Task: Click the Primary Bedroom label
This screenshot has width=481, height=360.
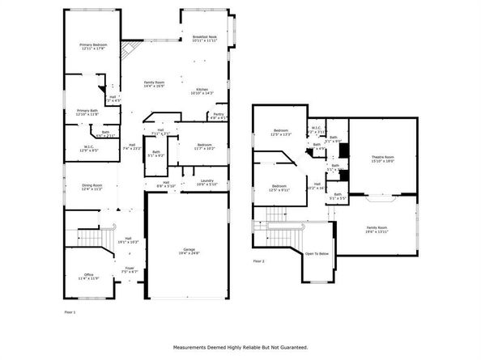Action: pyautogui.click(x=92, y=44)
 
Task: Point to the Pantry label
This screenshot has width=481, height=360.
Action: pyautogui.click(x=218, y=114)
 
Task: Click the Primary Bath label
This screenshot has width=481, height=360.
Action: pyautogui.click(x=87, y=110)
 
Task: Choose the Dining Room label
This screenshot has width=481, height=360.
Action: pyautogui.click(x=92, y=185)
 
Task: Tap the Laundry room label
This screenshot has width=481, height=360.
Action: pyautogui.click(x=206, y=180)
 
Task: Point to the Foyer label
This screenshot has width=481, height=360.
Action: pyautogui.click(x=130, y=268)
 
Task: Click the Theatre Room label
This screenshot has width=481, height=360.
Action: pyautogui.click(x=382, y=156)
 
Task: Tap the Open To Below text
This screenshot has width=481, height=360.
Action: pyautogui.click(x=317, y=253)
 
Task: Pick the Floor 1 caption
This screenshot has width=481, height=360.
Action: pyautogui.click(x=70, y=311)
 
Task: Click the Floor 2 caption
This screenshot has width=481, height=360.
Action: pyautogui.click(x=259, y=261)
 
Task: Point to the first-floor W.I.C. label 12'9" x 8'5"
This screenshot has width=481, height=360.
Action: pyautogui.click(x=87, y=149)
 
